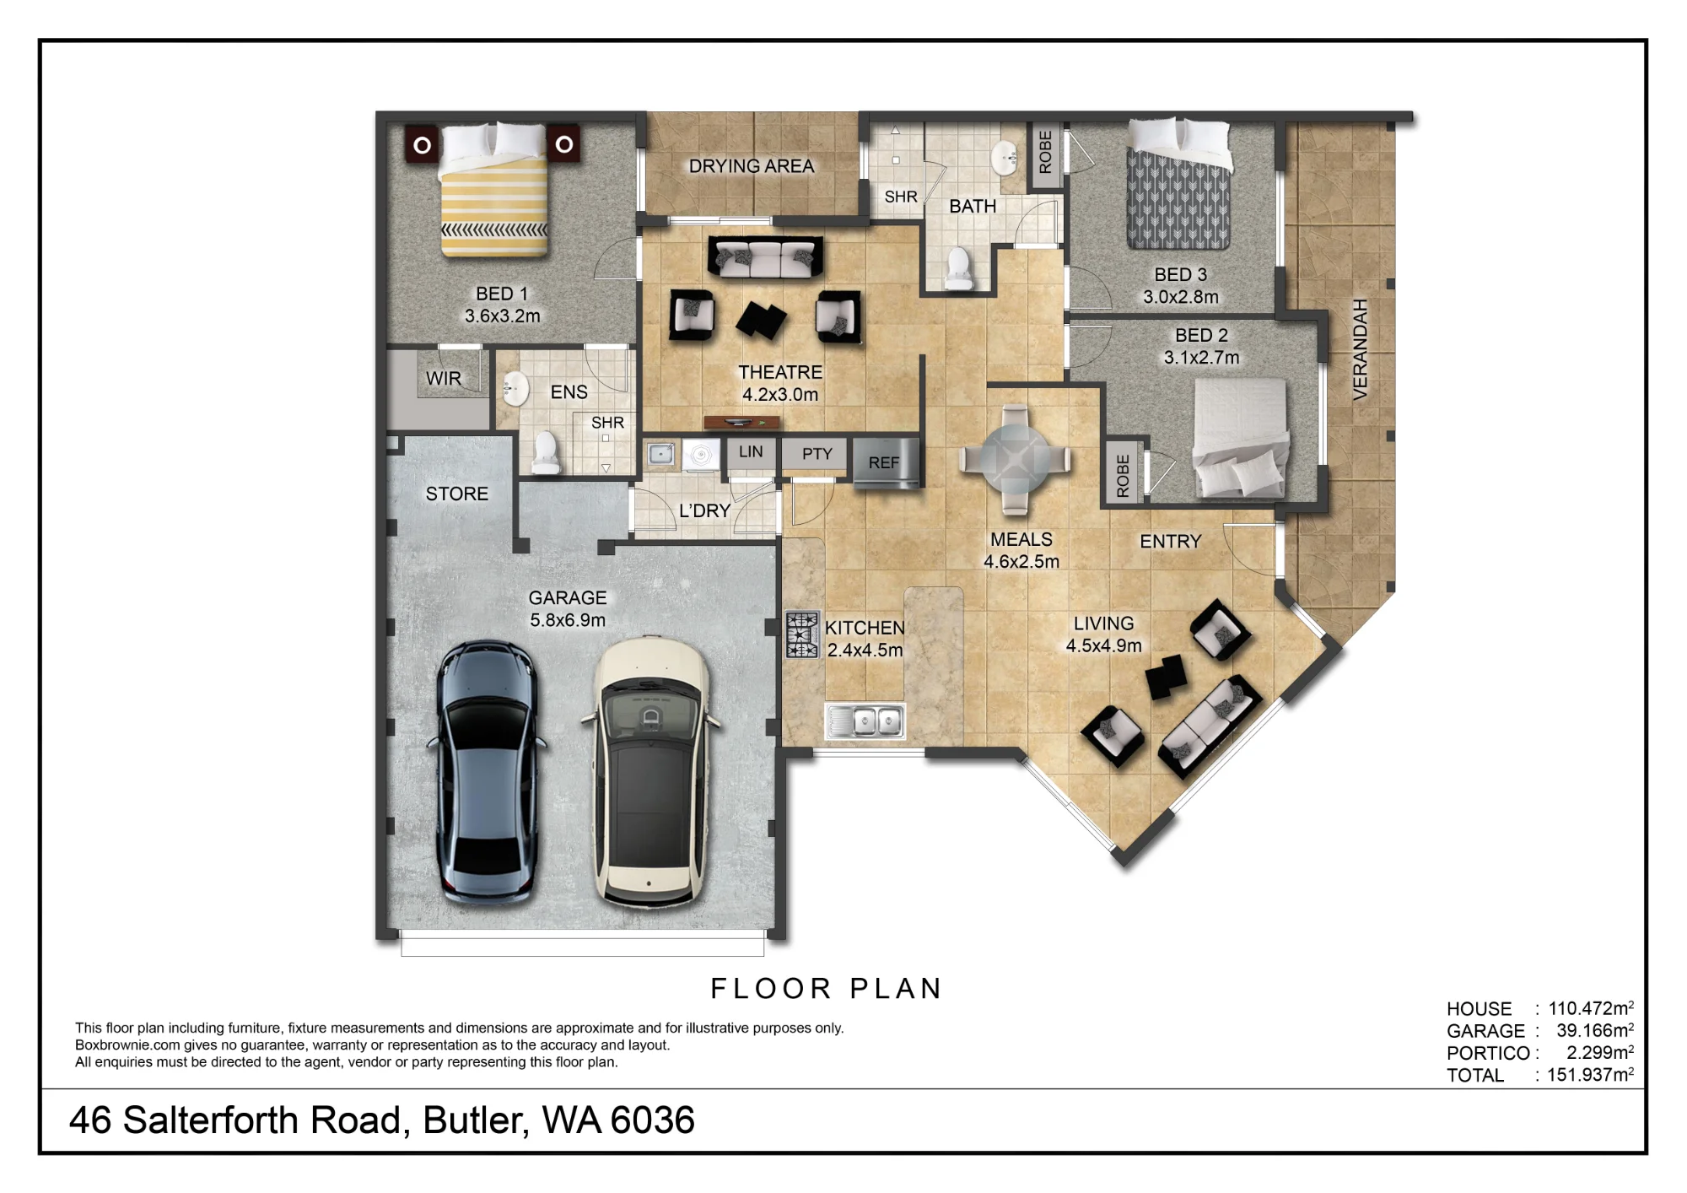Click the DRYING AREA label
[x=752, y=166]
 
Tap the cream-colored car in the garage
[x=650, y=773]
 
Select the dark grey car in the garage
[x=488, y=773]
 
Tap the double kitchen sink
[x=865, y=721]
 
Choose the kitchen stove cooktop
[x=802, y=634]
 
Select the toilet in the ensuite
[x=547, y=453]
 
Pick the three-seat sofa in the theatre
[x=766, y=257]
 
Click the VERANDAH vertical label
[x=1360, y=349]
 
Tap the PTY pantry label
[x=817, y=454]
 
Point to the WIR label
[x=444, y=379]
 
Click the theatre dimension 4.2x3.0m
[x=780, y=394]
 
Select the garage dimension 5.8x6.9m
[x=568, y=620]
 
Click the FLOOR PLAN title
[x=826, y=988]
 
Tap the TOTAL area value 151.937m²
[x=1590, y=1074]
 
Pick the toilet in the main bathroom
[x=958, y=268]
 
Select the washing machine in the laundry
[x=700, y=456]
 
